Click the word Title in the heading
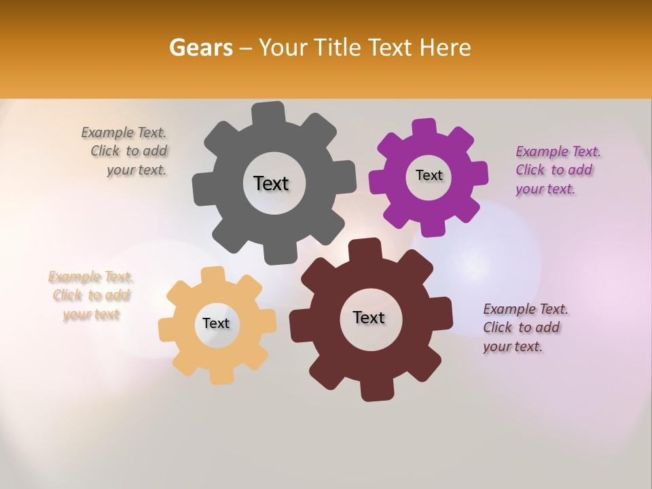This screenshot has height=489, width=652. pyautogui.click(x=339, y=48)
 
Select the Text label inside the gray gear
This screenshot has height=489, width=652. pyautogui.click(x=271, y=183)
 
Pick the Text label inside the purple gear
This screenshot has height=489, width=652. pyautogui.click(x=429, y=175)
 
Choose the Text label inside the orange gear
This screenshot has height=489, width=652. pyautogui.click(x=216, y=323)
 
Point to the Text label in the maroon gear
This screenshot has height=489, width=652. pyautogui.click(x=369, y=317)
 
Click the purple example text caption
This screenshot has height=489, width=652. pyautogui.click(x=557, y=170)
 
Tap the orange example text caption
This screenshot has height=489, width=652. pyautogui.click(x=91, y=295)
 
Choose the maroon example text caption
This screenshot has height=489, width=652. pyautogui.click(x=525, y=327)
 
